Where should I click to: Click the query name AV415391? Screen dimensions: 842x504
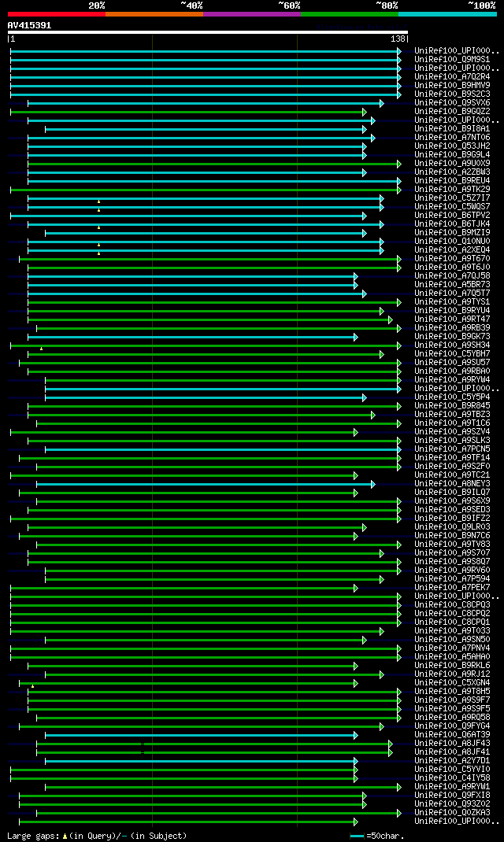pos(29,25)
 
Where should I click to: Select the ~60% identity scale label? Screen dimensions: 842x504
pos(289,6)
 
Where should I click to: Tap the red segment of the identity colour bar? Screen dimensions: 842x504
pos(56,13)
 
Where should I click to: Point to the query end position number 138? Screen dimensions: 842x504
pos(398,39)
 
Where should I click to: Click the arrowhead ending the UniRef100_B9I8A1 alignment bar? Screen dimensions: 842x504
pos(365,128)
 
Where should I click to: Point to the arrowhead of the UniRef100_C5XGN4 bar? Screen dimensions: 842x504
pos(356,682)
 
